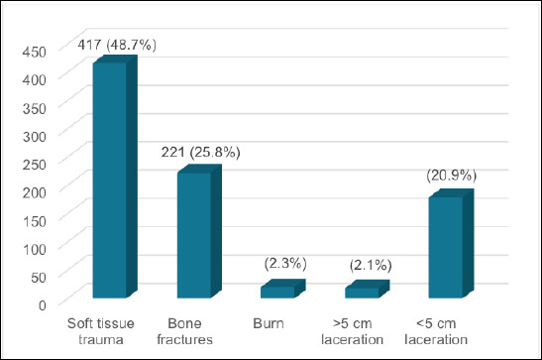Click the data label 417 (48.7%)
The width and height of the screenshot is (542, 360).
[117, 45]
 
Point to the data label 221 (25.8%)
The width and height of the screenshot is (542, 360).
[200, 152]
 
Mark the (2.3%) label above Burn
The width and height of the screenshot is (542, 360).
[285, 264]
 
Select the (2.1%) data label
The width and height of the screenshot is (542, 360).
[371, 265]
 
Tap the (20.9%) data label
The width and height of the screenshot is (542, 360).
[452, 176]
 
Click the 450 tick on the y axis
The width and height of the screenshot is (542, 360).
[35, 52]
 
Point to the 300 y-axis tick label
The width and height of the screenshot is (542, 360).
[35, 137]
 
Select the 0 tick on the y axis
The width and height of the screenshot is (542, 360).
[43, 305]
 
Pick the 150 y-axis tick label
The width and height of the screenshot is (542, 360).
[35, 221]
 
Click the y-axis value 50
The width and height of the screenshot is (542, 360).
[39, 278]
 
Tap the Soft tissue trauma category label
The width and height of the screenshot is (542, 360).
[101, 331]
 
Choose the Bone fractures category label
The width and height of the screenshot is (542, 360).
[184, 331]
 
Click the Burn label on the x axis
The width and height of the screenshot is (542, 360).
[269, 323]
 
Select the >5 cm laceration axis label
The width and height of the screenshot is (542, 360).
[352, 331]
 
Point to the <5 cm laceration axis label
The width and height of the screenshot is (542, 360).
[436, 331]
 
